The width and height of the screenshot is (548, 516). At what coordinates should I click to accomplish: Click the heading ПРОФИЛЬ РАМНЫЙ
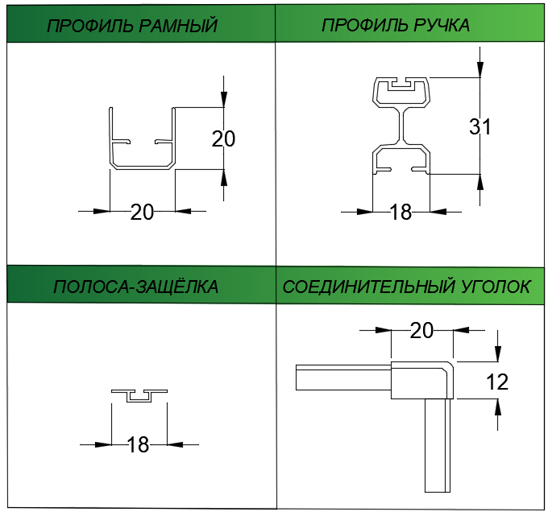(132, 25)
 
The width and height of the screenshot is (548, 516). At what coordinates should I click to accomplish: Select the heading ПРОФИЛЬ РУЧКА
(396, 25)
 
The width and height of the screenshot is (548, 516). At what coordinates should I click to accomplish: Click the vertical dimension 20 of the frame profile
(223, 138)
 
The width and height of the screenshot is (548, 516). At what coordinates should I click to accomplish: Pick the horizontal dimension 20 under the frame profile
(142, 212)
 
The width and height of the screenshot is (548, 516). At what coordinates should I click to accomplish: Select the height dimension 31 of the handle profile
(480, 126)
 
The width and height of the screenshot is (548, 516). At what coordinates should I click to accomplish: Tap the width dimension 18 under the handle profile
(401, 213)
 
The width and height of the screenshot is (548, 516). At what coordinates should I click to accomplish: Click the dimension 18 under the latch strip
(139, 444)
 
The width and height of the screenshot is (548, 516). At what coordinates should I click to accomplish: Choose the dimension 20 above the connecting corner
(421, 330)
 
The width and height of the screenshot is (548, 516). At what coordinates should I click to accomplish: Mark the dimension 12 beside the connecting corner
(498, 382)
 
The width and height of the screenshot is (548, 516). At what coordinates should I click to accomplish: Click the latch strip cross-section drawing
(139, 394)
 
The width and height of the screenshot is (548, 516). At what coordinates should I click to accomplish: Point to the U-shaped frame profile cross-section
(142, 165)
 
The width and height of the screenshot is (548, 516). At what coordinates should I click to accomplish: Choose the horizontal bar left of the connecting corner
(342, 378)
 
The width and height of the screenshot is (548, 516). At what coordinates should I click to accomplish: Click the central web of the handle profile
(401, 126)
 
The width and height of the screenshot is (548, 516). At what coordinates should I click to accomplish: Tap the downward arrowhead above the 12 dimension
(498, 355)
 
